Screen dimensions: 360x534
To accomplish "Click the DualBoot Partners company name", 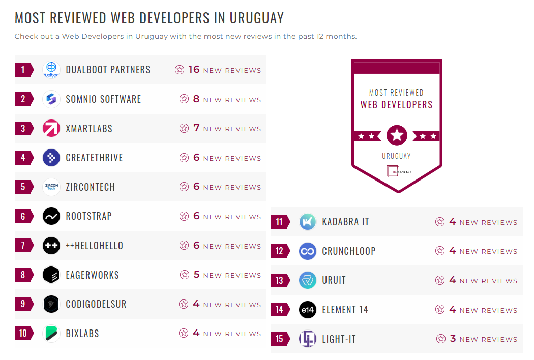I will click(x=108, y=70).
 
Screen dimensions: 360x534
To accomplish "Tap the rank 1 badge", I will click(x=23, y=70).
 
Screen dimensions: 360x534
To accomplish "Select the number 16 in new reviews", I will click(x=194, y=70).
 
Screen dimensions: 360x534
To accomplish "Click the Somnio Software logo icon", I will click(x=51, y=99).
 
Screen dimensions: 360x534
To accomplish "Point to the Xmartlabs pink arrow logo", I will click(x=51, y=128).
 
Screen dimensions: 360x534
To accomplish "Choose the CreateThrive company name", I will click(x=94, y=158).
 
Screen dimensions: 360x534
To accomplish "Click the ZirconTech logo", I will click(x=51, y=187).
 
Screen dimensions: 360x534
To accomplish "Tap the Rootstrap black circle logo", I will click(x=51, y=216).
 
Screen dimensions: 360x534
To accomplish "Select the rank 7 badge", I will click(x=23, y=246).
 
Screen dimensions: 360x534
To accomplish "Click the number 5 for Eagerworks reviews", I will click(x=197, y=275).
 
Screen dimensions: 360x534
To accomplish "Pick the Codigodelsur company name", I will click(x=96, y=304).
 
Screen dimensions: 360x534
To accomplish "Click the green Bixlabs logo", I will click(x=51, y=334).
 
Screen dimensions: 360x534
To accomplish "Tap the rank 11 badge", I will click(x=280, y=222).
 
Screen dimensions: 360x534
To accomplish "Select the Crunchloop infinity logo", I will click(x=308, y=251).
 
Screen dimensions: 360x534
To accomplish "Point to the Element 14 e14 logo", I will click(x=308, y=310).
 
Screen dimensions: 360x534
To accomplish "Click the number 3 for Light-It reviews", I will click(x=453, y=339).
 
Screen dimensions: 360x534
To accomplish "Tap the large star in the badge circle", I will click(x=397, y=136).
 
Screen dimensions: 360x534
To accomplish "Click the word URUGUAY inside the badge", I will click(x=396, y=156).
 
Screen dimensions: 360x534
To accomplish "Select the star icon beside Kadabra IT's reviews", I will click(x=440, y=222).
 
